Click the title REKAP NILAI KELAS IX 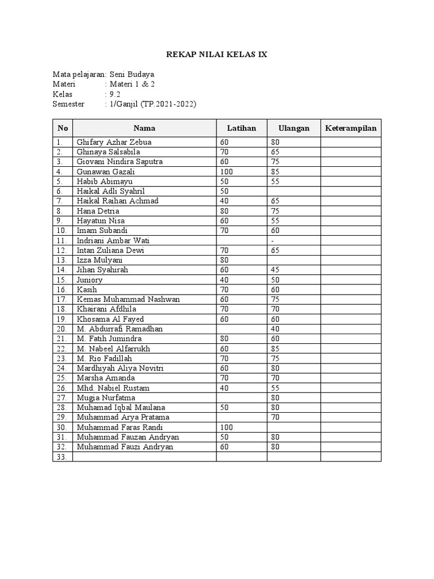click(x=216, y=55)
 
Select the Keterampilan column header click(x=351, y=128)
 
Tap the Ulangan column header click(x=294, y=128)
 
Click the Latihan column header click(x=241, y=128)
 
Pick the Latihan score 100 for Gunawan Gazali click(x=227, y=172)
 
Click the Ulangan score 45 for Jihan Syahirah click(x=275, y=270)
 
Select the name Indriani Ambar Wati click(x=112, y=240)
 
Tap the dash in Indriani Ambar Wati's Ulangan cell click(x=272, y=240)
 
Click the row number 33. click(x=62, y=457)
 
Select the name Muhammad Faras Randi click(x=115, y=427)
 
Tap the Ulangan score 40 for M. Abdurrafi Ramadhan click(x=275, y=329)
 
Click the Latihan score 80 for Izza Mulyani click(x=224, y=260)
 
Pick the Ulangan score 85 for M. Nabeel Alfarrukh click(x=275, y=349)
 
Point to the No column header click(x=63, y=128)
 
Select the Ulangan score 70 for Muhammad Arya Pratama click(x=275, y=417)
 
